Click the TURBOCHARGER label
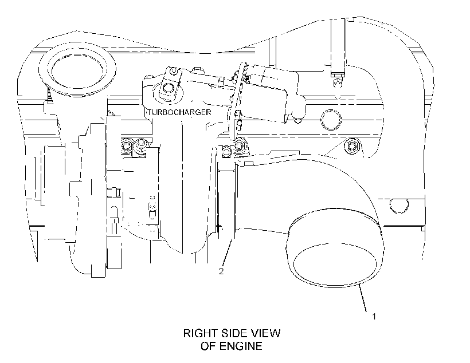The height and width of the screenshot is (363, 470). (179, 112)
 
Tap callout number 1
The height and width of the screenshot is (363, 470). (374, 316)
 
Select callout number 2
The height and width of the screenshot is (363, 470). (221, 271)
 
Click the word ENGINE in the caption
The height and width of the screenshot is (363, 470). (241, 346)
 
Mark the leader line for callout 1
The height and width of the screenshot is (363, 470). (363, 299)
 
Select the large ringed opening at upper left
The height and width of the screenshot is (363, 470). (77, 70)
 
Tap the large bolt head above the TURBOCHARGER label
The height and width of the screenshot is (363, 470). (167, 89)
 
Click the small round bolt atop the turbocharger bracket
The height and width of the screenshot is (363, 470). (173, 72)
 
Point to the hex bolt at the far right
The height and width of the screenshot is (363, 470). (351, 146)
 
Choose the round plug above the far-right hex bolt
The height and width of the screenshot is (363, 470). (331, 120)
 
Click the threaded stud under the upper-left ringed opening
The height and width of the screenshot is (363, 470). (50, 95)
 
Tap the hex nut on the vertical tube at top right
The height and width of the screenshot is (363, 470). (338, 73)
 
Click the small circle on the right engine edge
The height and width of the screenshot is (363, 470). (399, 206)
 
